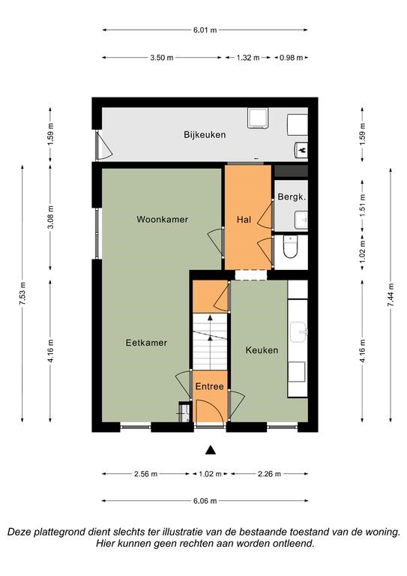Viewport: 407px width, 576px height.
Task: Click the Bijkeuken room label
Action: (205, 135)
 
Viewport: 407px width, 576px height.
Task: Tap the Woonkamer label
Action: (162, 219)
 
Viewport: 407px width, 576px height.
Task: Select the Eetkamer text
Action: (146, 343)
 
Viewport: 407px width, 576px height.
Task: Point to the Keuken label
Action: (262, 350)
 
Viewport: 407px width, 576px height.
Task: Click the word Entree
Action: (210, 386)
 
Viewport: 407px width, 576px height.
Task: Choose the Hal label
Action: (244, 220)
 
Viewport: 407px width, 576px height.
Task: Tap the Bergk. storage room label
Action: (292, 197)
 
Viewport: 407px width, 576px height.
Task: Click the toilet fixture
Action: (290, 247)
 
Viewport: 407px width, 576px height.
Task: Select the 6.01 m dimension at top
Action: (205, 30)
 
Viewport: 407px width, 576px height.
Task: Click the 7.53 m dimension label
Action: (23, 293)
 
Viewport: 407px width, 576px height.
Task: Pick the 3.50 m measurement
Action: (162, 58)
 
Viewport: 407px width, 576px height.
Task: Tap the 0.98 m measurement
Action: (292, 58)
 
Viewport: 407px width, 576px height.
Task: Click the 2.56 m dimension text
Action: (145, 474)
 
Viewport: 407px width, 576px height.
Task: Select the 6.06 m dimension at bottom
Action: (205, 501)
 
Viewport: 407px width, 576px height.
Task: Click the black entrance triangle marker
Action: (211, 450)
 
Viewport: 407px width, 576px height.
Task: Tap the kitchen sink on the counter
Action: (298, 332)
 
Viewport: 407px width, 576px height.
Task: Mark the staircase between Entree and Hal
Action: (210, 342)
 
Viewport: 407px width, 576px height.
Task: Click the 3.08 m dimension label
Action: (51, 217)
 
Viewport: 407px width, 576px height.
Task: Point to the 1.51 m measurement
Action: (363, 205)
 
